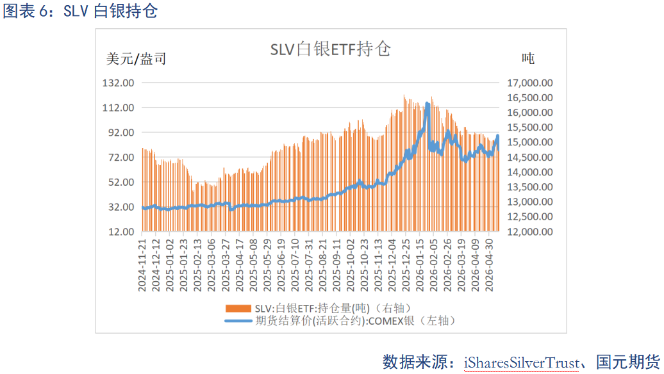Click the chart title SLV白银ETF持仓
[330, 49]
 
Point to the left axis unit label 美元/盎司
[136, 59]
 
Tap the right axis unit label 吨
[528, 58]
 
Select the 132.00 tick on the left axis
[118, 83]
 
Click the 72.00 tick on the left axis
[121, 158]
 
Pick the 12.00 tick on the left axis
[121, 232]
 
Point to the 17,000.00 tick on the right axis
[530, 83]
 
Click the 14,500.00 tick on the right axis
[530, 158]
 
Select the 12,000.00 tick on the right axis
[530, 232]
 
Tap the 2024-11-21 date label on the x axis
[142, 265]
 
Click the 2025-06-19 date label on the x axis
[281, 265]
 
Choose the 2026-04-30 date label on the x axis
[489, 265]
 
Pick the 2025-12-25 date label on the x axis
[406, 265]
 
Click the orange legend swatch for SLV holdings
[238, 309]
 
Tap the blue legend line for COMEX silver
[238, 321]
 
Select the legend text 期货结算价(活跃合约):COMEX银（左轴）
[356, 321]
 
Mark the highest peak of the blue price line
[427, 104]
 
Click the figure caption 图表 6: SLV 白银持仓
[81, 11]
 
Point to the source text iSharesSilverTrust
[521, 363]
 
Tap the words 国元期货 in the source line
[628, 362]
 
